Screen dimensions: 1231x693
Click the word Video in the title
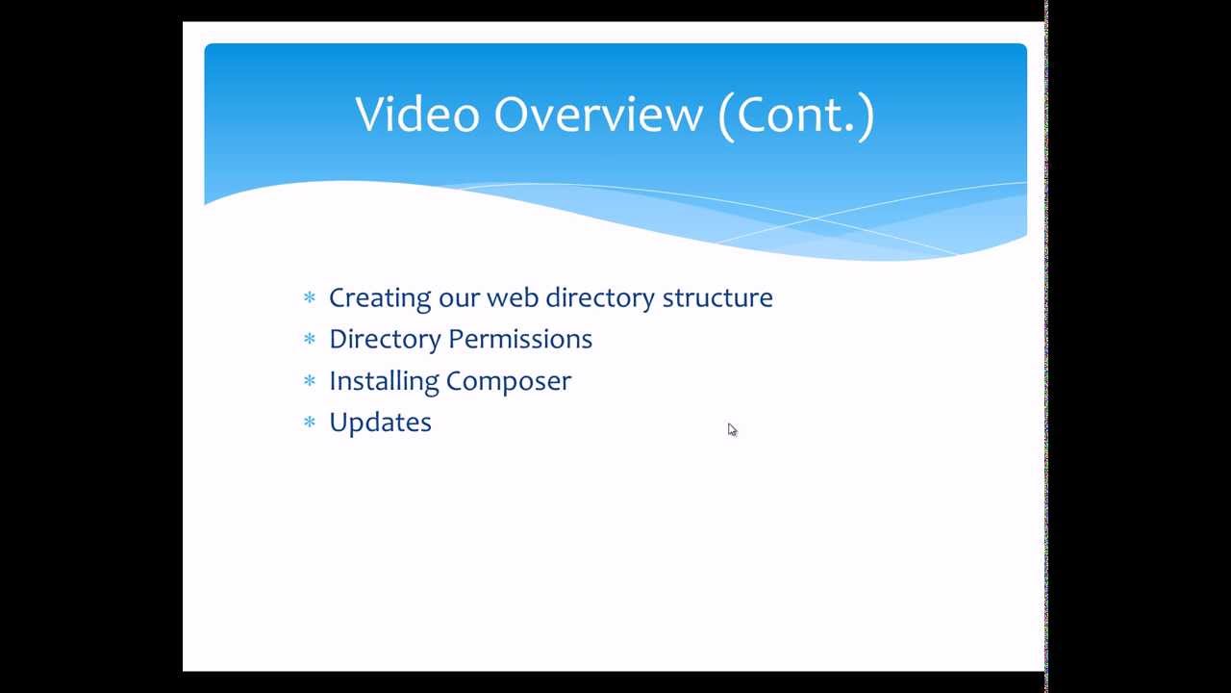pos(417,114)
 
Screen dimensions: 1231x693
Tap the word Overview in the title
pos(598,114)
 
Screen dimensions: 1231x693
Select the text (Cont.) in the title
pos(796,115)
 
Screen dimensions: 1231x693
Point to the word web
pos(513,297)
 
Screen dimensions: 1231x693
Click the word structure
pos(717,297)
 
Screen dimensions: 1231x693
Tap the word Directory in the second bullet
pos(385,340)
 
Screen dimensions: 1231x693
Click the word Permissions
pos(520,339)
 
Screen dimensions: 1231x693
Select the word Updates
pos(380,423)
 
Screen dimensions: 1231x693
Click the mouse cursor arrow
pos(732,429)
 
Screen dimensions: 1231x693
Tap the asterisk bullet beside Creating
pos(310,298)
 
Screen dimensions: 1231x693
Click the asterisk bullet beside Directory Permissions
pos(310,339)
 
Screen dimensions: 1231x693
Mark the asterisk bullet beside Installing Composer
pos(310,380)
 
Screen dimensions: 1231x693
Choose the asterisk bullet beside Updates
pos(310,423)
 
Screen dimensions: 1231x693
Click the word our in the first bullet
pos(459,300)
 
